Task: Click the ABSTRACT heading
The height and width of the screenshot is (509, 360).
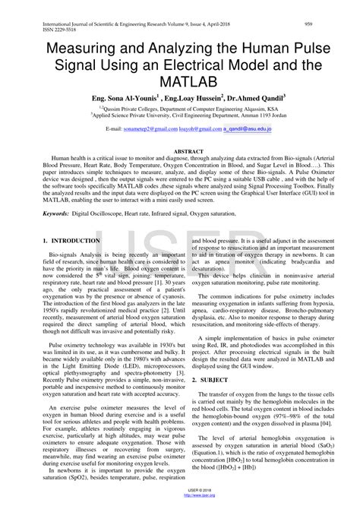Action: tap(179, 152)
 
